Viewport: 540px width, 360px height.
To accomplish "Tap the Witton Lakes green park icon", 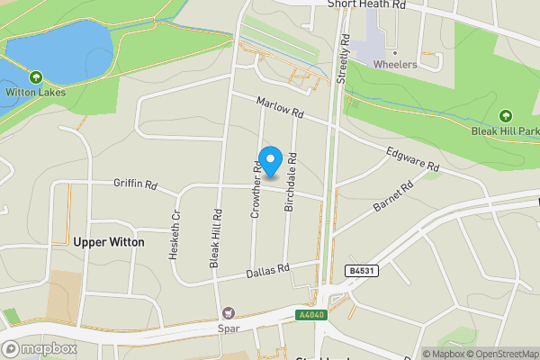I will [x=35, y=77].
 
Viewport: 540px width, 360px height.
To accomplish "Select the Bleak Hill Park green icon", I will [x=505, y=116].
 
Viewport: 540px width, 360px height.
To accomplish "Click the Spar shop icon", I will [x=228, y=313].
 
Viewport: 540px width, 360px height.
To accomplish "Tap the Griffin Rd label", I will [x=136, y=185].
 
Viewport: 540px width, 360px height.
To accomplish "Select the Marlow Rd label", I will [x=280, y=109].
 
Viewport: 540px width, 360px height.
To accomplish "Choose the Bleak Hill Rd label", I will [x=216, y=238].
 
